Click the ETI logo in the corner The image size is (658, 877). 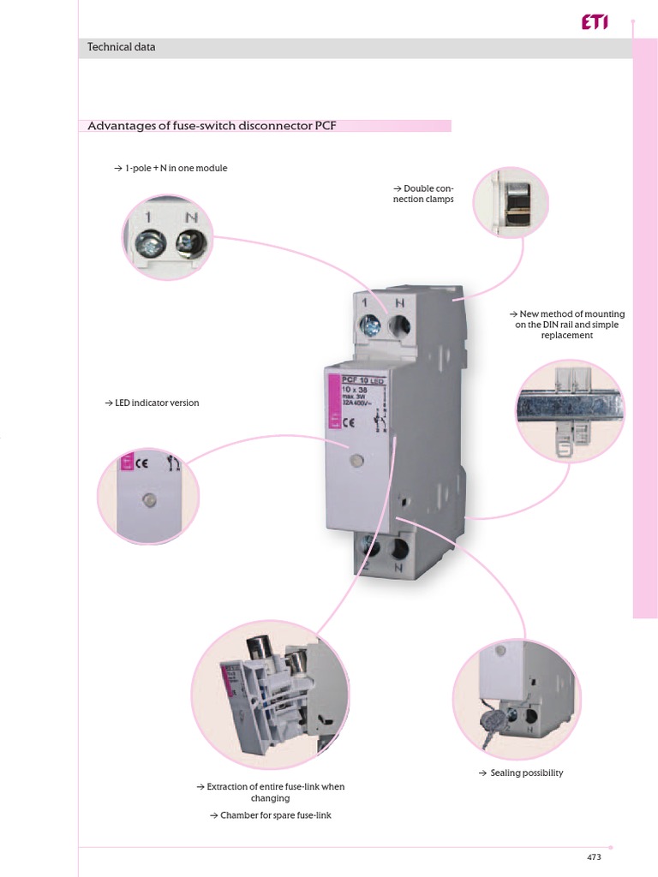[x=594, y=25]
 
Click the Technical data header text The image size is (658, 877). [x=122, y=48]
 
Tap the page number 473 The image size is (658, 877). [x=594, y=857]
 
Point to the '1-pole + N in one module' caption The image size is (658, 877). [x=170, y=169]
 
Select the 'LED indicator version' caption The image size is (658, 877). [x=152, y=403]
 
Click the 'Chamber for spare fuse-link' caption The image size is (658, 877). [x=270, y=815]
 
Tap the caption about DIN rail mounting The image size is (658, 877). [x=566, y=325]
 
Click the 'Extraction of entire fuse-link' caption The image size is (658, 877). [x=270, y=791]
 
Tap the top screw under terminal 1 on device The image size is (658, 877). [x=371, y=325]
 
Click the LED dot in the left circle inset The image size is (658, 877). [x=148, y=499]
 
